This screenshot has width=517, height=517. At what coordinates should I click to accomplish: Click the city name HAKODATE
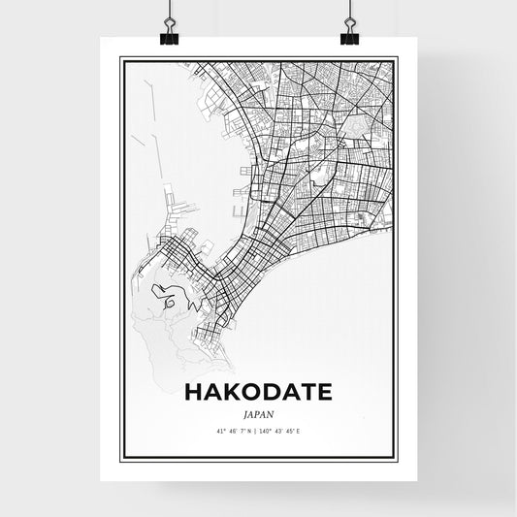[x=257, y=392]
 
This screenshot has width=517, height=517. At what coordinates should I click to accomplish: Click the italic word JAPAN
[x=258, y=412]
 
